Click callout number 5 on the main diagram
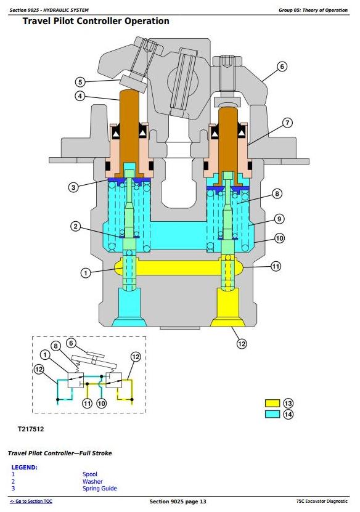[80, 82]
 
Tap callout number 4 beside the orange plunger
[80, 96]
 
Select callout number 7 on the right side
[287, 123]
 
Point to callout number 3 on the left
[73, 187]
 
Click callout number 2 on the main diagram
[76, 226]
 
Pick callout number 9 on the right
[279, 219]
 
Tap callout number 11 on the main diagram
[276, 266]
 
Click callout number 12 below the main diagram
[242, 344]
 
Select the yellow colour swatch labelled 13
[272, 404]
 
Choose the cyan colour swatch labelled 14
[272, 414]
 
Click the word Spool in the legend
[90, 474]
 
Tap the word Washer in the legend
[92, 481]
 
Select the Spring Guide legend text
[100, 489]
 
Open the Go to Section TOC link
[31, 502]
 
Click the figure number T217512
[31, 429]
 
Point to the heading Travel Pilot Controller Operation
[96, 21]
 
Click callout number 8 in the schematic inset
[56, 346]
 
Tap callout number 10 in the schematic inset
[102, 404]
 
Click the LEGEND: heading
[25, 467]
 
